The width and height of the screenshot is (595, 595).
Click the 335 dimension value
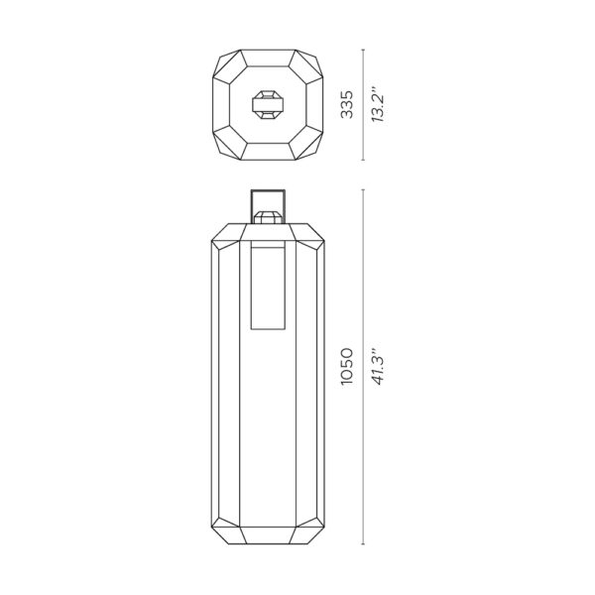tap(346, 104)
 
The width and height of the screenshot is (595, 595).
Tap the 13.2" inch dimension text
tap(379, 104)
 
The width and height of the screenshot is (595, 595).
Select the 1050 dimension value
tap(346, 367)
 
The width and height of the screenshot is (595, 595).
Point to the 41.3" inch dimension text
tap(379, 367)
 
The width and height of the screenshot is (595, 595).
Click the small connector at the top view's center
tap(269, 104)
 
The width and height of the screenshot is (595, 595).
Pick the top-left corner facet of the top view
tap(226, 63)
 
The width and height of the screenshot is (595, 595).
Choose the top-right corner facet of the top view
tap(309, 63)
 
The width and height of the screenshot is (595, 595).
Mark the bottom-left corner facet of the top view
tap(226, 146)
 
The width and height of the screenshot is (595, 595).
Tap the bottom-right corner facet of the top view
tap(309, 146)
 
